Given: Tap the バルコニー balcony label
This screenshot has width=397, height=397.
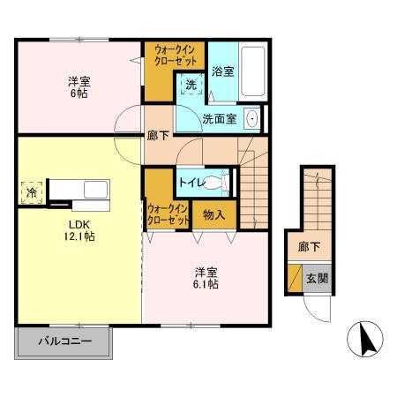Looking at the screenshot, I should coord(64,341).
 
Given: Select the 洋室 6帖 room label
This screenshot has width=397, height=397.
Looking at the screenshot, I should coord(79,89).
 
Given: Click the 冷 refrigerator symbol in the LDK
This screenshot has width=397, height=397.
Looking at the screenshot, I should coord(31,191).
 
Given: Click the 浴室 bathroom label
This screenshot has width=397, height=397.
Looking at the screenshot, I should coord(222,71).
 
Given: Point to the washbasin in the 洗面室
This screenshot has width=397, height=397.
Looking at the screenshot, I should coord(251,118).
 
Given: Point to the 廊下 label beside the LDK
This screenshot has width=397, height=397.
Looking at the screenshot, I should coord(158,138).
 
